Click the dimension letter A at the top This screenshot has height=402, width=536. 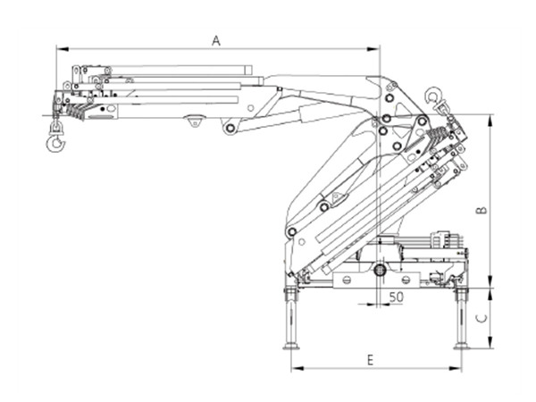point(215,39)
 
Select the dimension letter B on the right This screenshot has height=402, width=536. point(481,211)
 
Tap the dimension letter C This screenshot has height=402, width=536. point(481,317)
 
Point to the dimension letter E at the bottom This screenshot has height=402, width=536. point(370,359)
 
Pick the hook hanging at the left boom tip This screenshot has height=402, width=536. point(55,138)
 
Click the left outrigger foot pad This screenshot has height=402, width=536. point(290,346)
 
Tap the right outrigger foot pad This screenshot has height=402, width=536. point(461,346)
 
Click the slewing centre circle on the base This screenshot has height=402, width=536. point(380,269)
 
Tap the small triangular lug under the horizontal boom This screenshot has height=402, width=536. point(194,120)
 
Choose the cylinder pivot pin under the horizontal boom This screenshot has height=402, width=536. point(230,129)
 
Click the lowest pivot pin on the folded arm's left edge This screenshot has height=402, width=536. point(291,232)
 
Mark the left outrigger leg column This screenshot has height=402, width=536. point(290,317)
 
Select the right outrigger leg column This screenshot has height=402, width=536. point(461,317)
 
